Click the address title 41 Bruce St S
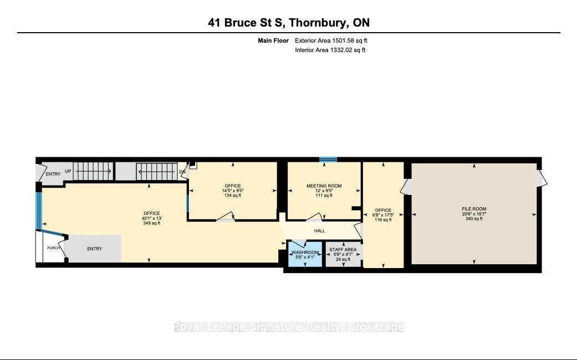(245, 23)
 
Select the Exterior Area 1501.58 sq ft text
(331, 40)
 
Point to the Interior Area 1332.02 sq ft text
(330, 50)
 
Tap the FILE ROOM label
(474, 209)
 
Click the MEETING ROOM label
(324, 186)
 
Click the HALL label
(319, 231)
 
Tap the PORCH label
(54, 248)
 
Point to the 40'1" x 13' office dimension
(152, 218)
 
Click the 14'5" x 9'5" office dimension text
(233, 191)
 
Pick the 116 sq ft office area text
(383, 220)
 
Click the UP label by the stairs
(68, 171)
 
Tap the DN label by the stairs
(182, 172)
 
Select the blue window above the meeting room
(328, 160)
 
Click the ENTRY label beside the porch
(95, 249)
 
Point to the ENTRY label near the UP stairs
(53, 174)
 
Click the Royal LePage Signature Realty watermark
(289, 327)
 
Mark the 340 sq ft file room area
(474, 219)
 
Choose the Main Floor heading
(273, 40)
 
